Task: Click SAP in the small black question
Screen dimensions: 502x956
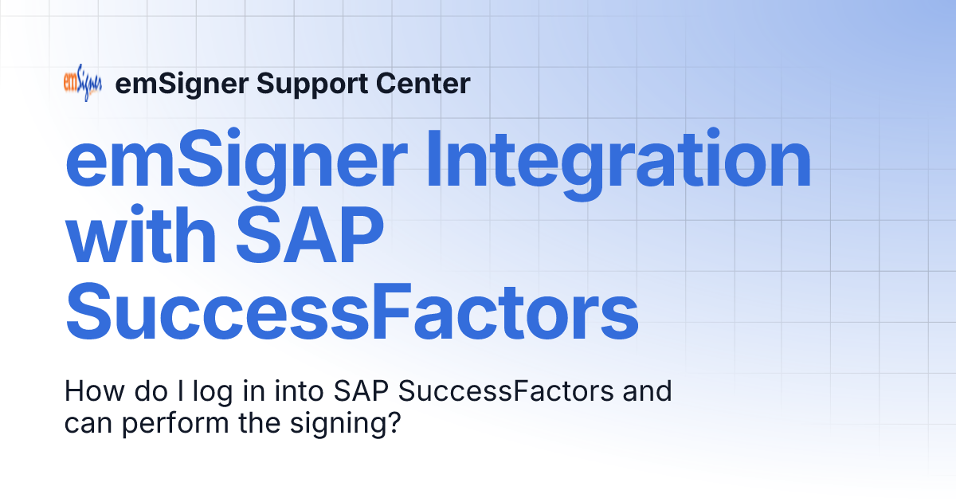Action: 362,392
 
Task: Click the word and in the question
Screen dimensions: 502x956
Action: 650,392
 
